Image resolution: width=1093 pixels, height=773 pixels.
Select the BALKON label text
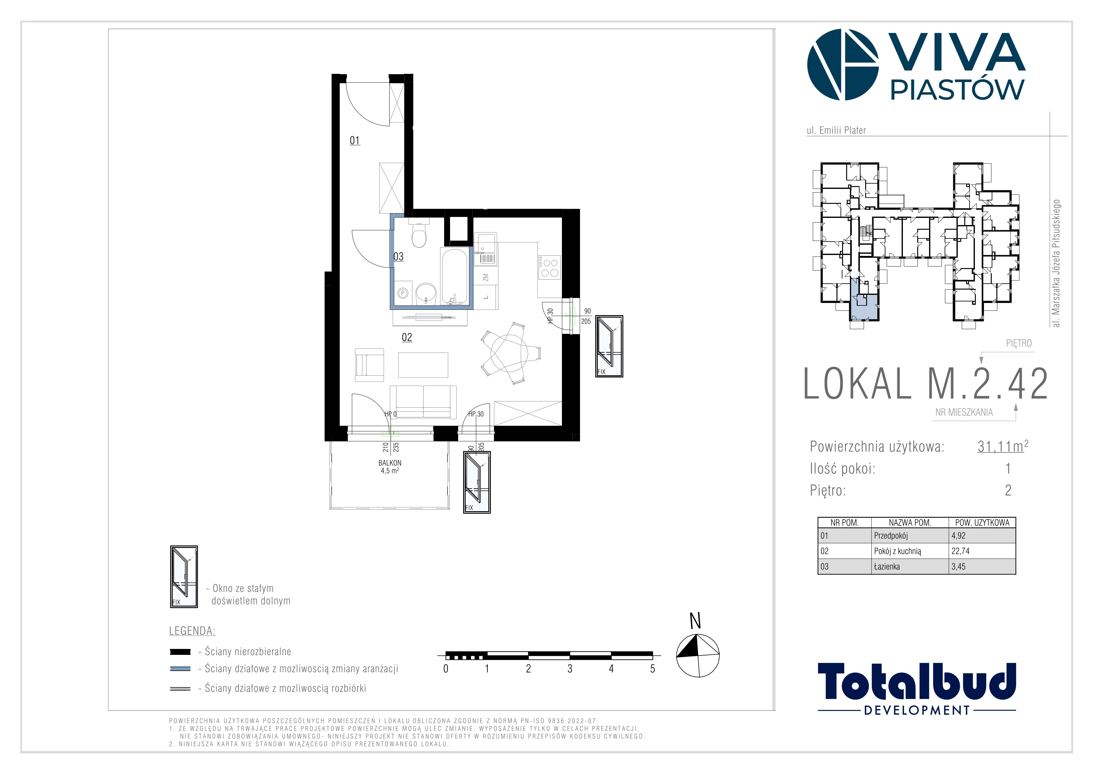(x=390, y=463)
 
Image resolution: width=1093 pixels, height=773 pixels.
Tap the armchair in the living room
(x=369, y=365)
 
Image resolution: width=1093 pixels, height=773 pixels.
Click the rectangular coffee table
(x=423, y=365)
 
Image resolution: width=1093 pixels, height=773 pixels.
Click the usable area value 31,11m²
(x=1003, y=446)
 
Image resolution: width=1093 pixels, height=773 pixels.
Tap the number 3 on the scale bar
(x=570, y=669)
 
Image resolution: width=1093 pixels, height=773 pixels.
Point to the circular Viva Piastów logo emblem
(x=843, y=65)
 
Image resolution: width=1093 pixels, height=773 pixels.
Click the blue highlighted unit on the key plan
(x=864, y=302)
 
